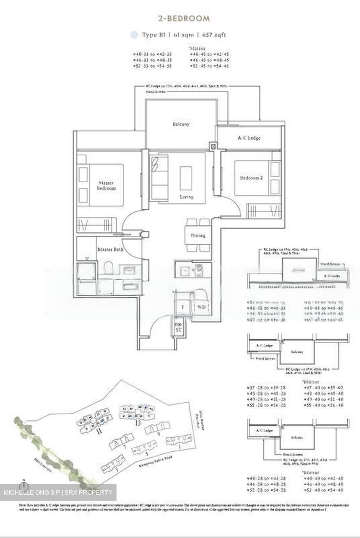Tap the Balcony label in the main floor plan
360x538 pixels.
click(181, 124)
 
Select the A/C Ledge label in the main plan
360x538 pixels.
click(249, 138)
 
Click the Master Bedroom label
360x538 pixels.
click(106, 186)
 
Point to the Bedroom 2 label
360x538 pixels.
click(251, 178)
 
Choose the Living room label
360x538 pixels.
click(186, 197)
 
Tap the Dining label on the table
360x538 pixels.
click(198, 236)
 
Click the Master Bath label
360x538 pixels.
click(110, 249)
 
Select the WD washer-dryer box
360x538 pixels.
click(201, 307)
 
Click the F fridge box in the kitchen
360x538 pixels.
click(183, 307)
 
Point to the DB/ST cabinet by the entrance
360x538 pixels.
click(178, 327)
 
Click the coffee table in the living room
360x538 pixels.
click(186, 178)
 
